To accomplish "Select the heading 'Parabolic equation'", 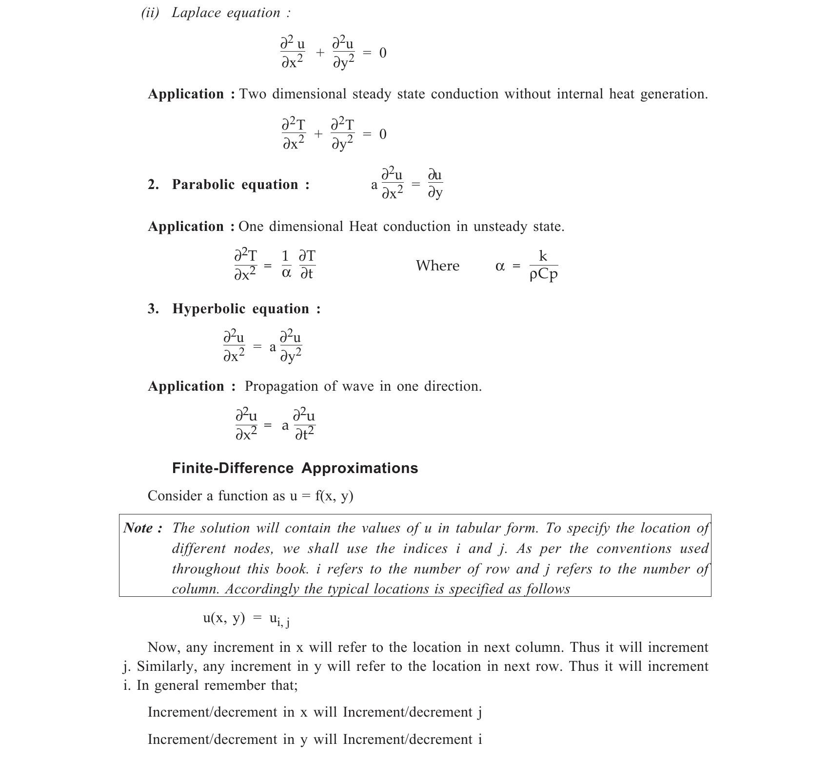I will tap(240, 185).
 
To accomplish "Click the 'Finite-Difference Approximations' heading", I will tap(295, 468).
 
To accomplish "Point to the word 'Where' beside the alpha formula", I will tap(437, 266).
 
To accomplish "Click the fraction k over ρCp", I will tap(543, 266).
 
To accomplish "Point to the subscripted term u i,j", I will tap(279, 619).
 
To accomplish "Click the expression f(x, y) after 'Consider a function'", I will tap(334, 496).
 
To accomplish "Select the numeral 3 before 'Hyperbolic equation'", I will tap(153, 309).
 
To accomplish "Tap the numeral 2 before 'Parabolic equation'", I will tap(153, 185).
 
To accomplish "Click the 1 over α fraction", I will tap(286, 266).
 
